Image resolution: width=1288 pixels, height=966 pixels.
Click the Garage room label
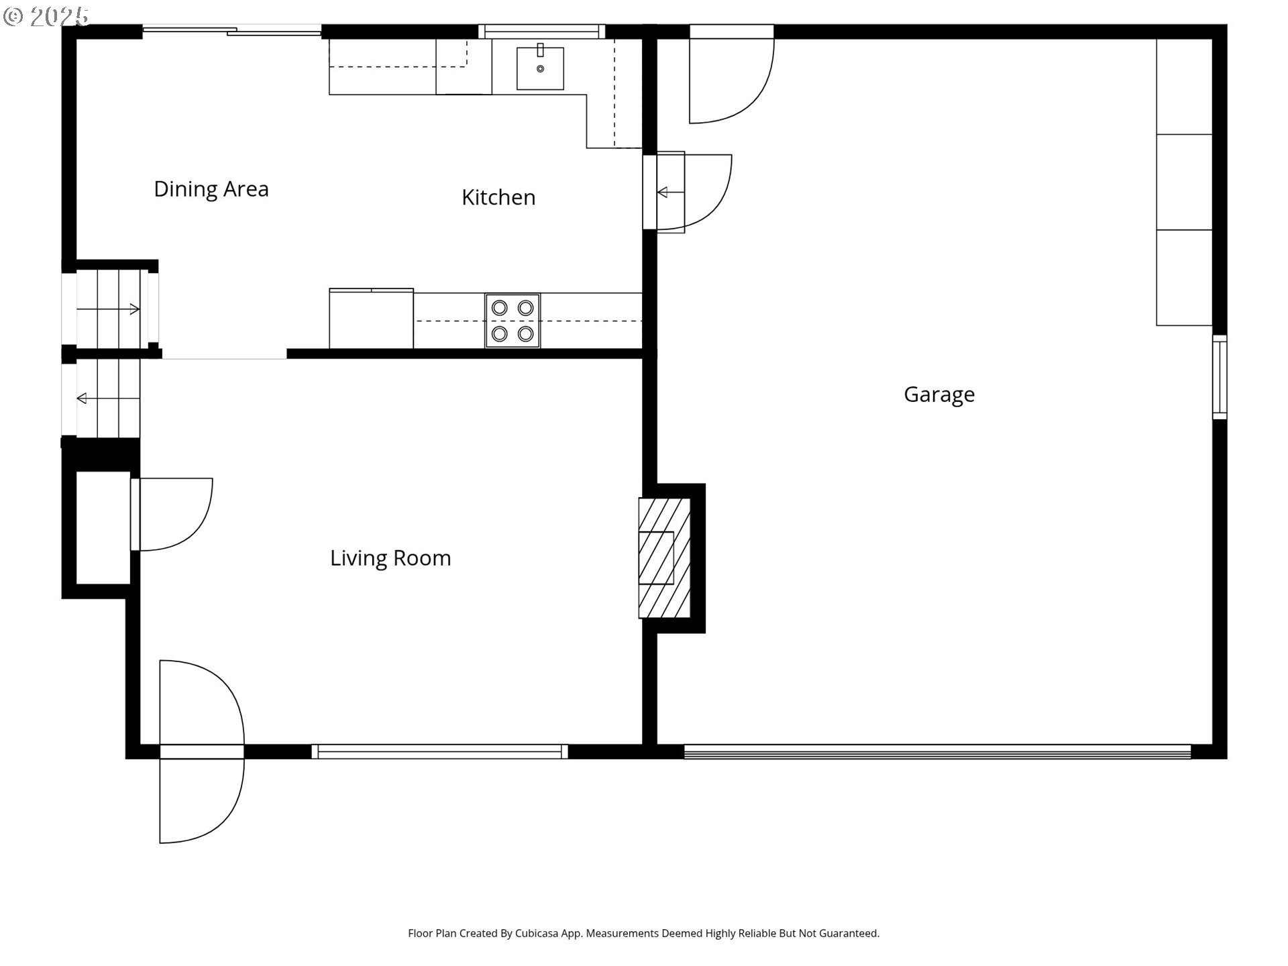pos(938,394)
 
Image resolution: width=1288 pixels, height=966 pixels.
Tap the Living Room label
pos(390,558)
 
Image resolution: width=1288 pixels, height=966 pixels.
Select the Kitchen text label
pos(498,197)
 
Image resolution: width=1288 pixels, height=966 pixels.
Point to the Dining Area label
pos(211,189)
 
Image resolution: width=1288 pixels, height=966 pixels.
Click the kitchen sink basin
pos(540,68)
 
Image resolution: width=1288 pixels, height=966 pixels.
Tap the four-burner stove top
pos(513,321)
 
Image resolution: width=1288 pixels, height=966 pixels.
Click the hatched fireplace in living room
pos(664,557)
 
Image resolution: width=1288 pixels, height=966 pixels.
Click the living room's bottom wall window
pos(439,752)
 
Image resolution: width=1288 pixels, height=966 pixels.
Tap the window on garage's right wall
pos(1220,377)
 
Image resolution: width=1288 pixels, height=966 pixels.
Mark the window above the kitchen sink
pos(541,31)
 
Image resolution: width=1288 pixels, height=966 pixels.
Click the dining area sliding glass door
pos(231,30)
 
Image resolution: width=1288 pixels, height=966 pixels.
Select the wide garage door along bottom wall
pos(936,752)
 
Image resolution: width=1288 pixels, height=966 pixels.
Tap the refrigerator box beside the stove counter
pos(371,319)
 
